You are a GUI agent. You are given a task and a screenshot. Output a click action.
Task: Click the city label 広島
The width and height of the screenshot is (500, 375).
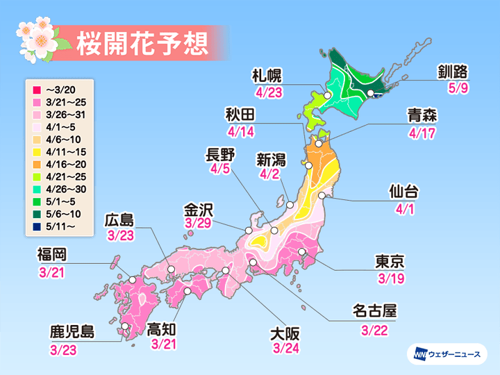pos(120,220)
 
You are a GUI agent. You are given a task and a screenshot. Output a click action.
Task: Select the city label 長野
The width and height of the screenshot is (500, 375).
pos(222,154)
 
